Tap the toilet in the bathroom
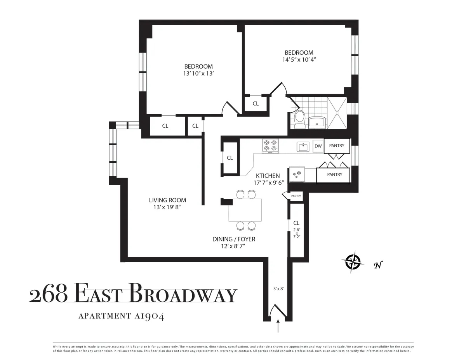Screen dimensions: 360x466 (299, 119)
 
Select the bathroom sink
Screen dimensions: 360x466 (318, 122)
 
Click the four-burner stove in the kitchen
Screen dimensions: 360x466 (270, 145)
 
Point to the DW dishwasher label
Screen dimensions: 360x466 (318, 146)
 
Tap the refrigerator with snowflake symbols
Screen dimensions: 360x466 (297, 174)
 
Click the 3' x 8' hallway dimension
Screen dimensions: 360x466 (278, 289)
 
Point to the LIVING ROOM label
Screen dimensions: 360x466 (167, 200)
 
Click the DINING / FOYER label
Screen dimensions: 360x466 (234, 239)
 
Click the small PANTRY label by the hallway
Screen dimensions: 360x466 (296, 196)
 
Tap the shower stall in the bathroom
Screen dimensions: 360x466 (336, 113)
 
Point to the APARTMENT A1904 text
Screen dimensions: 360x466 (121, 316)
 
